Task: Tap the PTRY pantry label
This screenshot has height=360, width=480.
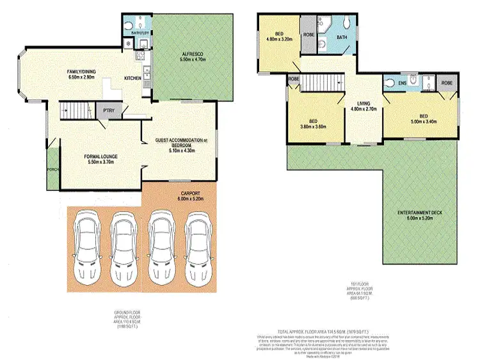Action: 108,110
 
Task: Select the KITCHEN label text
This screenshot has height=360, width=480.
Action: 133,78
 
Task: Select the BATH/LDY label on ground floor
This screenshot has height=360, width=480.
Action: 140,31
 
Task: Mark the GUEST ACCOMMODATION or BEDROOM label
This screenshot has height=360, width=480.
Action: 183,143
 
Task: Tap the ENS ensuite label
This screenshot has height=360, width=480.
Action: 403,83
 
